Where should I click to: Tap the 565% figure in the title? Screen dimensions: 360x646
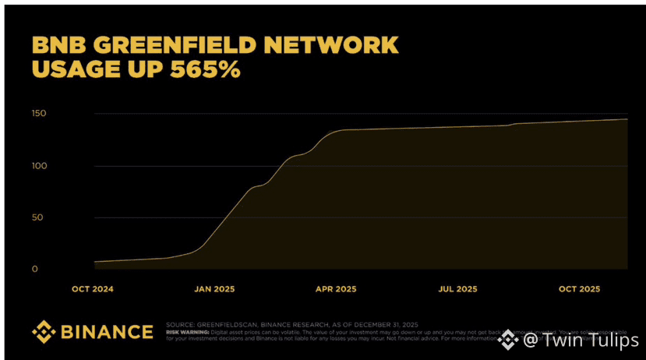200,69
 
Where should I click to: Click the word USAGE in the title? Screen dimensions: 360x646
77,69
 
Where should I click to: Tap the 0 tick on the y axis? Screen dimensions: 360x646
34,269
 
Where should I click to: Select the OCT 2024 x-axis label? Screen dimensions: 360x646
93,289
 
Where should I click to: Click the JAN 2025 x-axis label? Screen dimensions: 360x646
214,289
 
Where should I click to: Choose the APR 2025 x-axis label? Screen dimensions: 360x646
335,289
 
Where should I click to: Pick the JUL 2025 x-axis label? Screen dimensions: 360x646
457,289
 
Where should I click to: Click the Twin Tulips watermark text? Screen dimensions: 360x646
580,340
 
